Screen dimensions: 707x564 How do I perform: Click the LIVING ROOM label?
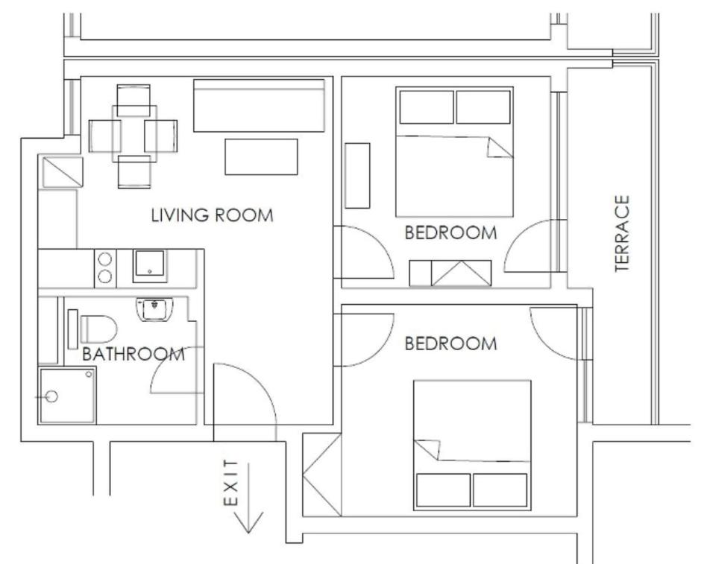(212, 215)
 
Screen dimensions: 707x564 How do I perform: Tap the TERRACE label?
(622, 233)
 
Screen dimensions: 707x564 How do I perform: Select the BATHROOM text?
(133, 354)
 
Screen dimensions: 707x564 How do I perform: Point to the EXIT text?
(230, 483)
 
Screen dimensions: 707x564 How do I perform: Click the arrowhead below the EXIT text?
(248, 522)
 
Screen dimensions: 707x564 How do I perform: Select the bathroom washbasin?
(154, 309)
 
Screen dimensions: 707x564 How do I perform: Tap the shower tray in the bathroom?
(68, 396)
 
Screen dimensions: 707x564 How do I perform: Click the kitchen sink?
(150, 265)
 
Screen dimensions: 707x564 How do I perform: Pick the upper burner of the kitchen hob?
(105, 259)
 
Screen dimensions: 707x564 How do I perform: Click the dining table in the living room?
(134, 134)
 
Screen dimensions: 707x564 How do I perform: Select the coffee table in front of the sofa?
(262, 156)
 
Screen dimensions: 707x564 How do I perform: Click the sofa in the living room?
(260, 106)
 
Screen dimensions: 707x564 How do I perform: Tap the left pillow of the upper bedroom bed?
(427, 107)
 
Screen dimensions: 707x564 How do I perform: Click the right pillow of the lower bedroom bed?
(500, 490)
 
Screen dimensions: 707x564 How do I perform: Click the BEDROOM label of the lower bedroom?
(451, 343)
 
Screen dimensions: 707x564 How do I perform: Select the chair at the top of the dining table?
(133, 100)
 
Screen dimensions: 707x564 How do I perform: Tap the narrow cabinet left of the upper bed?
(357, 176)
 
